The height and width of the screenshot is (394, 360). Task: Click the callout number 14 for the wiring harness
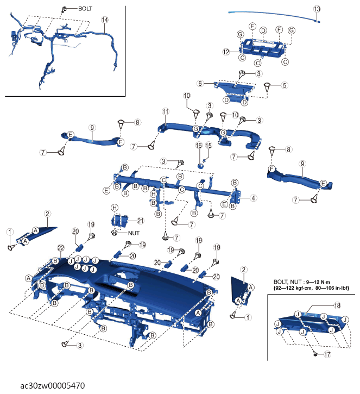point(105,20)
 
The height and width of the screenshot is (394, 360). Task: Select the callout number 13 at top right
point(317,9)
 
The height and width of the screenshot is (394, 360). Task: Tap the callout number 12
point(226,52)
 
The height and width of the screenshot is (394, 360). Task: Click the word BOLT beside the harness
point(85,9)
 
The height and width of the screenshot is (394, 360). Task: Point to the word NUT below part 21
point(134,233)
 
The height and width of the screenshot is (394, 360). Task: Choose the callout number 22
point(61,248)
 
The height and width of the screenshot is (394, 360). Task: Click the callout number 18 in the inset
point(337,305)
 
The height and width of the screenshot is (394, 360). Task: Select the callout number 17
point(327,354)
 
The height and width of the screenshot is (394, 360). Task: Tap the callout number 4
point(254,198)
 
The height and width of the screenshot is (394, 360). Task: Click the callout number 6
point(200,84)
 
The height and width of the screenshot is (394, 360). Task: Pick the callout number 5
point(285,85)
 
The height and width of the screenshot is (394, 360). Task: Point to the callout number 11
point(166,111)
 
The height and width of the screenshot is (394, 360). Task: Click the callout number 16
point(199,145)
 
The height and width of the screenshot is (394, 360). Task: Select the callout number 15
point(209,145)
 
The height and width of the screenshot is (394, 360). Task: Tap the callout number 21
point(140,221)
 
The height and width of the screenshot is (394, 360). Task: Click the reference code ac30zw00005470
point(53,385)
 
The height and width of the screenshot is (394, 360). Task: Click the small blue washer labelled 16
point(200,165)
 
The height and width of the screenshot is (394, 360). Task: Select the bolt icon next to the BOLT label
point(64,10)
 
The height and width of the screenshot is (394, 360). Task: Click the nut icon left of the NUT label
point(114,233)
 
